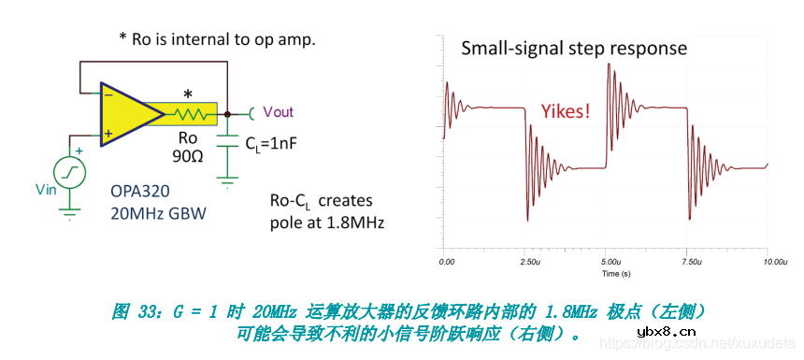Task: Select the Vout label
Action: pyautogui.click(x=278, y=112)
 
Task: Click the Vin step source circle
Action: pyautogui.click(x=70, y=171)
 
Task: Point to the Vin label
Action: pyautogui.click(x=46, y=191)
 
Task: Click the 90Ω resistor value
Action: pyautogui.click(x=189, y=154)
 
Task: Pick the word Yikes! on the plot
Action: pyautogui.click(x=566, y=111)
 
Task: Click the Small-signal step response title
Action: pyautogui.click(x=574, y=49)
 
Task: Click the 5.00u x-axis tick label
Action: pyautogui.click(x=608, y=264)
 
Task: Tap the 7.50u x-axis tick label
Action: pyautogui.click(x=688, y=264)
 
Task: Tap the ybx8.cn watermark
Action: pyautogui.click(x=666, y=331)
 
